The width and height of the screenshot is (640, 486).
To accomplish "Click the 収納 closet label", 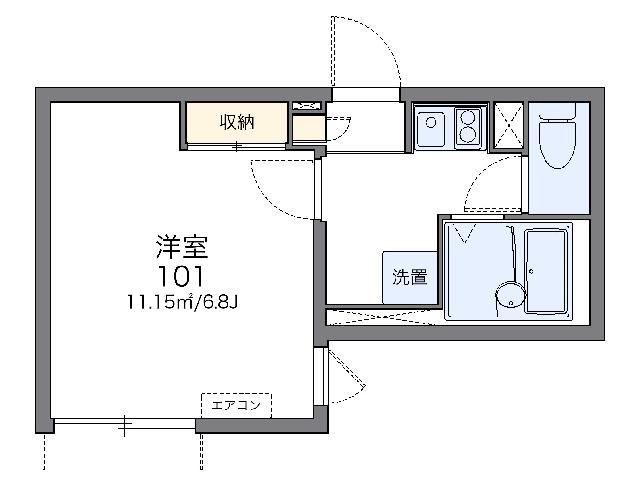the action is click(237, 122).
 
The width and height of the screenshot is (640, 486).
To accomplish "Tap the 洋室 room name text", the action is click(182, 247).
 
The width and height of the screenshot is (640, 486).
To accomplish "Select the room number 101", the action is click(180, 276).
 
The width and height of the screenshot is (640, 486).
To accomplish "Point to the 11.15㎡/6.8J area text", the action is click(182, 302).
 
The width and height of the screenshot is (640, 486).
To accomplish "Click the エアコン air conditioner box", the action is click(236, 406).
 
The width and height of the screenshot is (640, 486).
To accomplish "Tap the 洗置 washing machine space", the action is click(410, 277).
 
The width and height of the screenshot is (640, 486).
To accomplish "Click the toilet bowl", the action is click(557, 144).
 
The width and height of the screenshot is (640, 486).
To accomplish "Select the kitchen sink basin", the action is click(431, 126).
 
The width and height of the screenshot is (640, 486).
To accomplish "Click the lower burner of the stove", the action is click(468, 134).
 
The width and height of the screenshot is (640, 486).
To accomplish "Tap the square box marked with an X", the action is click(508, 126).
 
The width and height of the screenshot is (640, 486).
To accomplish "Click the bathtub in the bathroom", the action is click(546, 271).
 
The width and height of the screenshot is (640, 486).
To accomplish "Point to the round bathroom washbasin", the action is click(511, 294).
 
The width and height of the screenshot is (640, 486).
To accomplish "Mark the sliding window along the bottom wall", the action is click(125, 424).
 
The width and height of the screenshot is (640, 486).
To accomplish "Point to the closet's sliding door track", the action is click(237, 146).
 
